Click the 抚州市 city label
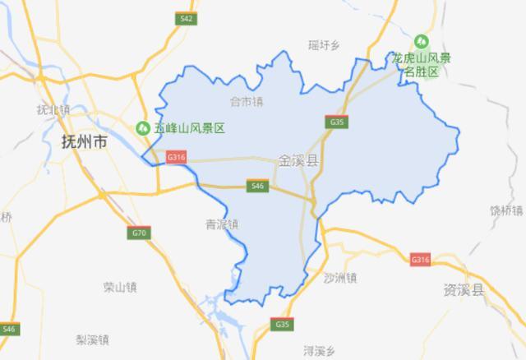(x=85, y=141)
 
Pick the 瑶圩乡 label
(x=323, y=46)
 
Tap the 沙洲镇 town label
(x=340, y=277)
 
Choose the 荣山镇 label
(x=120, y=287)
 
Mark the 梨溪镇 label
(x=93, y=339)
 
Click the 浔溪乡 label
(x=320, y=350)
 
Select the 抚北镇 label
(x=54, y=109)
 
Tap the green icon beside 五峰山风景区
(x=141, y=128)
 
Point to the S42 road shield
(x=187, y=18)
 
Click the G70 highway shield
(x=139, y=233)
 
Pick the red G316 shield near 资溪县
(x=420, y=260)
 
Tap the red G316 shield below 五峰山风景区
(x=176, y=156)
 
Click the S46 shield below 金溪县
(x=257, y=187)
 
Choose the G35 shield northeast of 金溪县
(x=335, y=122)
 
